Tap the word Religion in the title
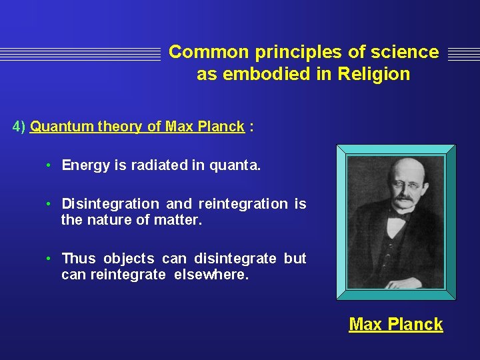point(373,74)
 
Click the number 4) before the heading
point(19,127)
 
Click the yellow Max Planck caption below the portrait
point(395,325)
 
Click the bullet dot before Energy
point(49,165)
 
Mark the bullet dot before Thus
point(49,259)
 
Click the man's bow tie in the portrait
point(399,215)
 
